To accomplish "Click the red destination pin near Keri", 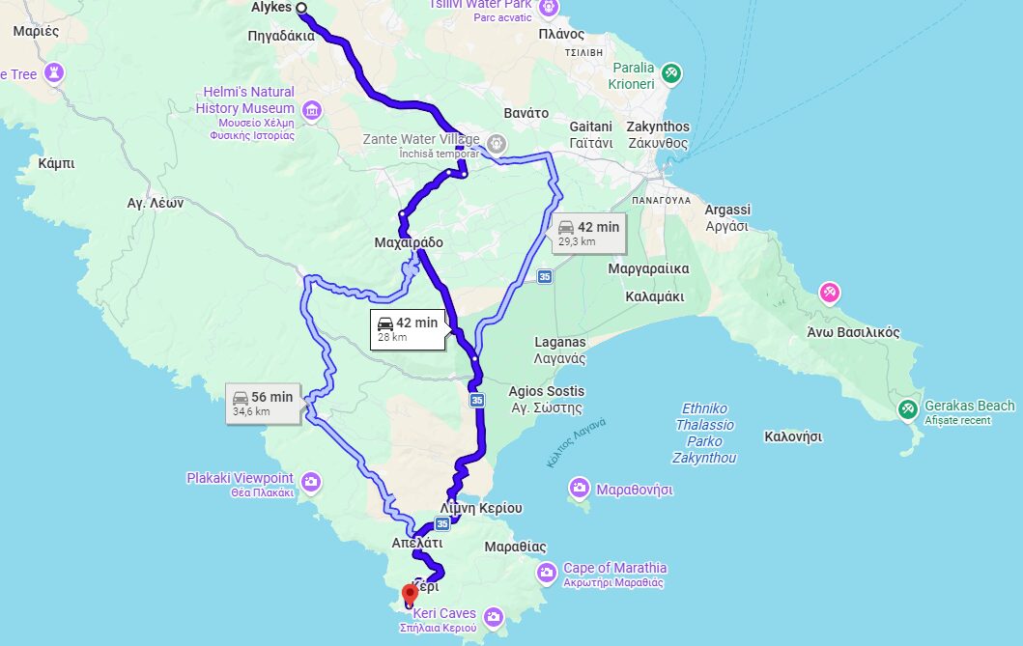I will pos(410,593).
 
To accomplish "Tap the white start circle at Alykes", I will pos(301,8).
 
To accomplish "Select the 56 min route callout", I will pos(264,403).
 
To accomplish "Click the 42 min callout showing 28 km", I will pos(408,328).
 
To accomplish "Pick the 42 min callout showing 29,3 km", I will pos(588,233).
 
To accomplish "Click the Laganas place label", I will pos(560,350).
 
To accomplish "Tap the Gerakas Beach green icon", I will pos(907,408).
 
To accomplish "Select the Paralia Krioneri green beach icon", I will pos(671,72).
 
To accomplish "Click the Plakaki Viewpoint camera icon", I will pos(310,481).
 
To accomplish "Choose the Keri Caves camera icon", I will pos(494,616).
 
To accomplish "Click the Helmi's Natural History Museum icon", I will pos(311,111).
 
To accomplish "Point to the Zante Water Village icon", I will pos(497,144).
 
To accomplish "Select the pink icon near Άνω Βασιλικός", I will pos(829,292).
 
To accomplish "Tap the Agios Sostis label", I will pos(546,398).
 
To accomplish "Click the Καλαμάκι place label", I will pos(655,296).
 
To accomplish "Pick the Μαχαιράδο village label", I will pos(408,242).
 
